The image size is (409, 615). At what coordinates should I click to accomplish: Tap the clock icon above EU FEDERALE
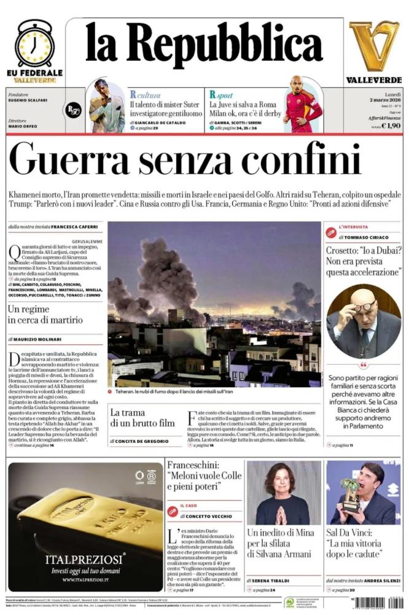[x=34, y=45]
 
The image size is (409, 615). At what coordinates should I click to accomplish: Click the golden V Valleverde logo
[x=373, y=46]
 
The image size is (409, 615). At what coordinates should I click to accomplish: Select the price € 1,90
[x=391, y=125]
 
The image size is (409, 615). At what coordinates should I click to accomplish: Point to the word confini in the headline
[x=310, y=159]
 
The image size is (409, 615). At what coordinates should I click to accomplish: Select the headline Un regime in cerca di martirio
[x=45, y=315]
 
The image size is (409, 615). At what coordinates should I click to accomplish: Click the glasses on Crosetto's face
[x=362, y=306]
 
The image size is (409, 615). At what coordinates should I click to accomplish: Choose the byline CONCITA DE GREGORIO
[x=145, y=442]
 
